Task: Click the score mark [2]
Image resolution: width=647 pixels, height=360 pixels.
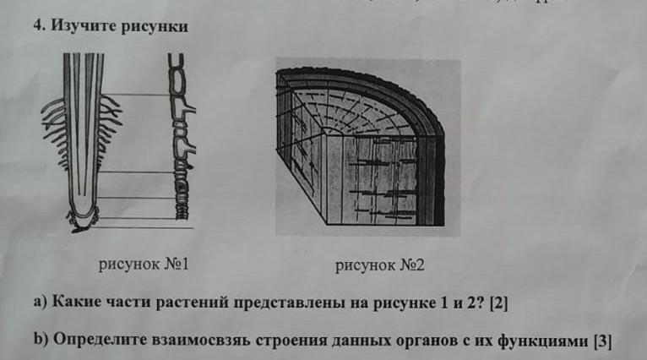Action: pos(497,303)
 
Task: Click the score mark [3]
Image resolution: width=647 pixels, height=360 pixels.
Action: pos(602,341)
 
